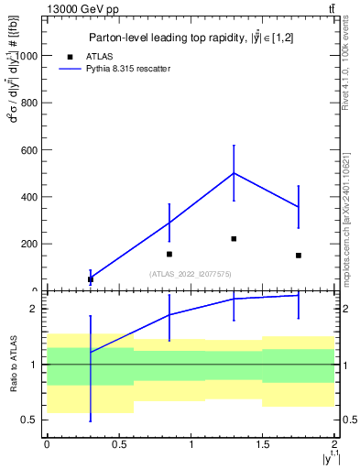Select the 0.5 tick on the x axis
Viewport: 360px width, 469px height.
pos(119,444)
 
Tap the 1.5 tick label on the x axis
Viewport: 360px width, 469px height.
pos(263,444)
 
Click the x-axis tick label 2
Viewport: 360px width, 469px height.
pos(335,444)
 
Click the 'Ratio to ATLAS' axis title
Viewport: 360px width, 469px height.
pos(13,364)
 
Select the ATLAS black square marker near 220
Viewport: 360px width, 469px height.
pos(234,238)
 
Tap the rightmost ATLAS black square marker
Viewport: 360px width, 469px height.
pos(299,255)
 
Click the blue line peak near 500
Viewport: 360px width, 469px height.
pos(234,173)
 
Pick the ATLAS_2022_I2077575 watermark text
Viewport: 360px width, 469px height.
pos(190,273)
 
